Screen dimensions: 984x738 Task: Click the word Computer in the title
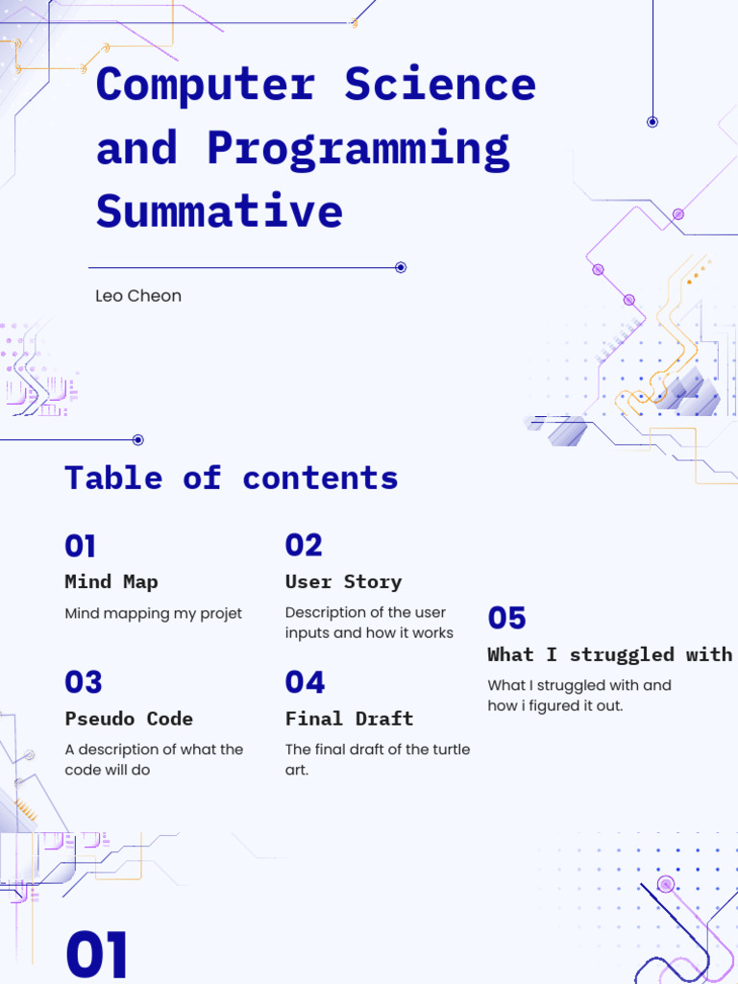205,85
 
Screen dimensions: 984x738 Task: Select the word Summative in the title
219,210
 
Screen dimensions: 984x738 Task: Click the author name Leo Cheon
138,296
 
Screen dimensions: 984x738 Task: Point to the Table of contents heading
231,478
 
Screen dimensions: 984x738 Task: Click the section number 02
304,546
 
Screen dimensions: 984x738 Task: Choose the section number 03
84,682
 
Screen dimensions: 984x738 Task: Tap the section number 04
305,682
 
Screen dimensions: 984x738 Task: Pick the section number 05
507,618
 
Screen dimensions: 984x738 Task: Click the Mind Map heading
111,581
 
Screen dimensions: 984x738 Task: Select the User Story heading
343,581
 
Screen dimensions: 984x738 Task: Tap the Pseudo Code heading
129,719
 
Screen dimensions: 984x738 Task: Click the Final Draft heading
349,719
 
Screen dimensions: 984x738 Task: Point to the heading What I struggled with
609,654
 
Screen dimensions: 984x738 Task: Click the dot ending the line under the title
401,267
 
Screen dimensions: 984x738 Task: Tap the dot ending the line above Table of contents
137,440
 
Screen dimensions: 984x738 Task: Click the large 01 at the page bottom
97,955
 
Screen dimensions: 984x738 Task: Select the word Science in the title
440,85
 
